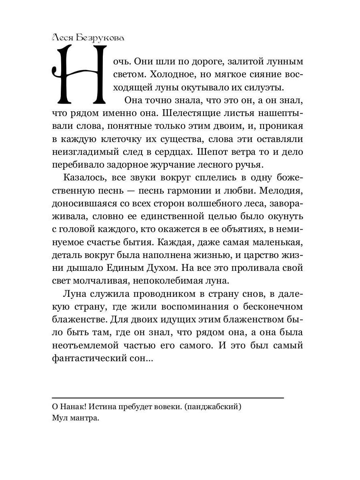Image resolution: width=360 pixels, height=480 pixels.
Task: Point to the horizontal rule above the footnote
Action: coord(168,398)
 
